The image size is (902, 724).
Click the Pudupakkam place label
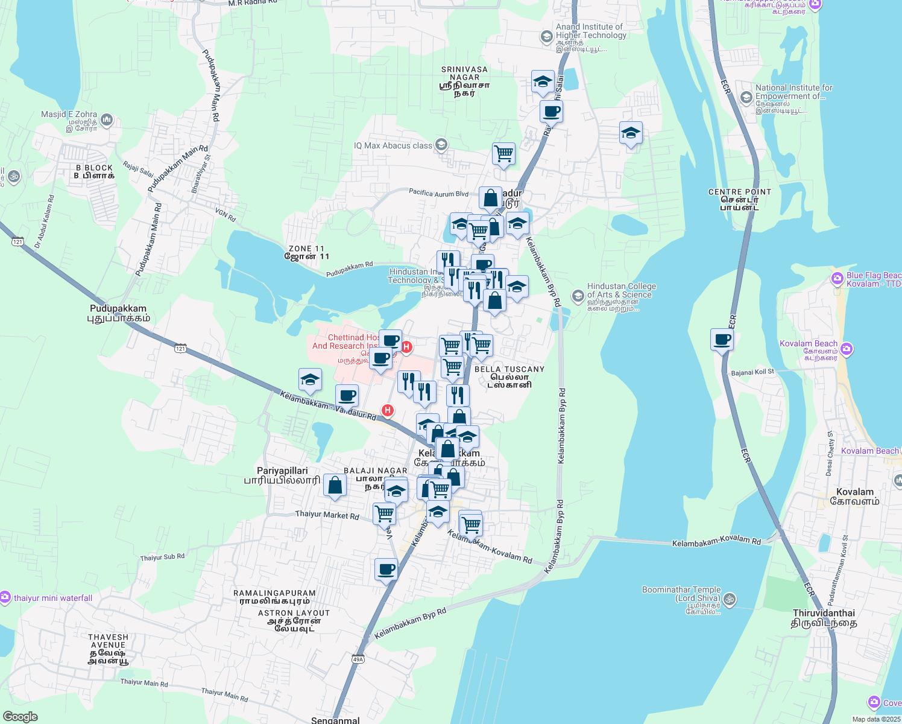(118, 313)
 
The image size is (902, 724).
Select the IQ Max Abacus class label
(393, 145)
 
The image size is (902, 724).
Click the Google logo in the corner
(20, 717)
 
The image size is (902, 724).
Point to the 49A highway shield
(358, 659)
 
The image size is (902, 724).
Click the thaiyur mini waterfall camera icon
(5, 597)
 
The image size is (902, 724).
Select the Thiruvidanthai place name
(824, 618)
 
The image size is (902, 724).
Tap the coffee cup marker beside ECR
(722, 340)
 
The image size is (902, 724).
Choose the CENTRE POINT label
(739, 199)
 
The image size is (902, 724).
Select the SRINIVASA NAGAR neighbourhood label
(464, 81)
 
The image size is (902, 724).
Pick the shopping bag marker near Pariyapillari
(335, 486)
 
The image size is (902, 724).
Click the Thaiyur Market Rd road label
(327, 515)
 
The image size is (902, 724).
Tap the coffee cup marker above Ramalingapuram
(386, 570)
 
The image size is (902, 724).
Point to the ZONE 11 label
(307, 252)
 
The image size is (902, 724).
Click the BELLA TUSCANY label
(509, 376)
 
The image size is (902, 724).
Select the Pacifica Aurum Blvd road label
(438, 193)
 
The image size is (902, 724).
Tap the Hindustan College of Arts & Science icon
(578, 294)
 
